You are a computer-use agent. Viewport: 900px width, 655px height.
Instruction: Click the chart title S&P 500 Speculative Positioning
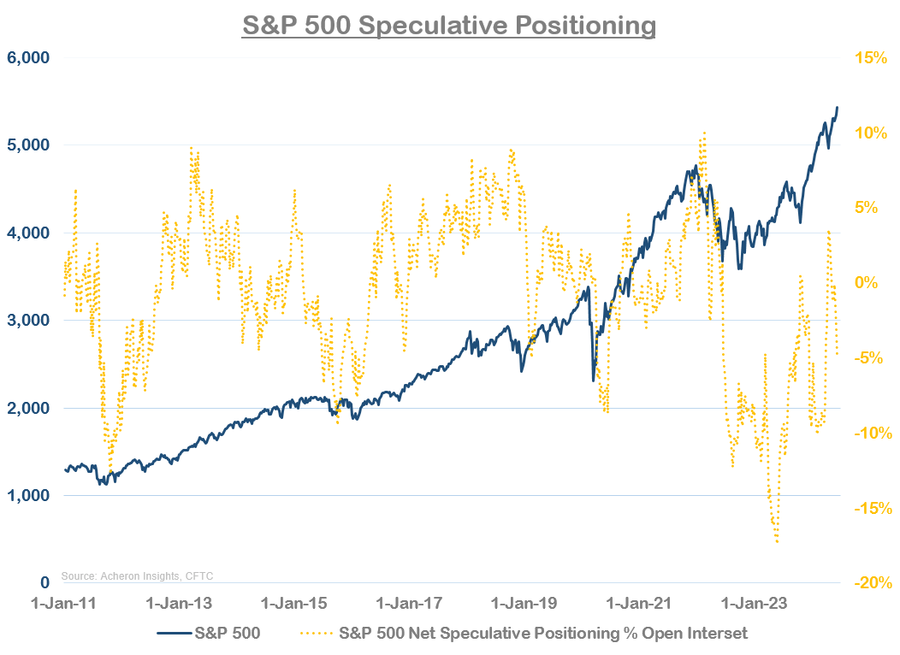(x=449, y=25)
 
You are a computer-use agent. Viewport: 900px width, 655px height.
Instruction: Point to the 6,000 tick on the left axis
(x=28, y=57)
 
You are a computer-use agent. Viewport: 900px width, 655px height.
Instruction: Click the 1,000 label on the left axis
(x=28, y=496)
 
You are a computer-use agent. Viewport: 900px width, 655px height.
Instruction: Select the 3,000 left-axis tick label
(x=28, y=321)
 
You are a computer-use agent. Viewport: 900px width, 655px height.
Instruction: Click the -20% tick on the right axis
(x=871, y=583)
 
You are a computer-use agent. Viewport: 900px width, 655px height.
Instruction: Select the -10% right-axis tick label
(x=871, y=433)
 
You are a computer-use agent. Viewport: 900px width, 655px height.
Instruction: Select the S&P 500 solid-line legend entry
(x=209, y=634)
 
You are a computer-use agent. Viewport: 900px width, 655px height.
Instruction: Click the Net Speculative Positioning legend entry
(x=524, y=634)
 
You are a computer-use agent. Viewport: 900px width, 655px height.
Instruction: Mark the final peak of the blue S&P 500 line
(x=837, y=107)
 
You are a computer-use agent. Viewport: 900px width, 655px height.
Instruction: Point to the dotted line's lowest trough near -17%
(x=777, y=542)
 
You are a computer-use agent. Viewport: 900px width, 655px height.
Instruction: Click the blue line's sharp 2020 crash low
(x=593, y=381)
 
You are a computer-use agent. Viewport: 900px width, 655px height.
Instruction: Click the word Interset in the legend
(x=717, y=634)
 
